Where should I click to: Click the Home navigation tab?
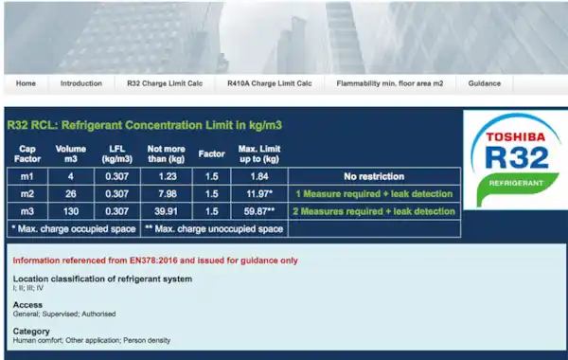[x=26, y=83]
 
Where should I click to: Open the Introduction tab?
[x=80, y=83]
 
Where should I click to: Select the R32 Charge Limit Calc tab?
[x=165, y=83]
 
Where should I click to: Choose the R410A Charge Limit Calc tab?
[x=270, y=83]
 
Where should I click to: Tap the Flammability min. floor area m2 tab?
[x=389, y=83]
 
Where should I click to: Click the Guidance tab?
[x=484, y=83]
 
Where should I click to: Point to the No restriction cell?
[x=372, y=176]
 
